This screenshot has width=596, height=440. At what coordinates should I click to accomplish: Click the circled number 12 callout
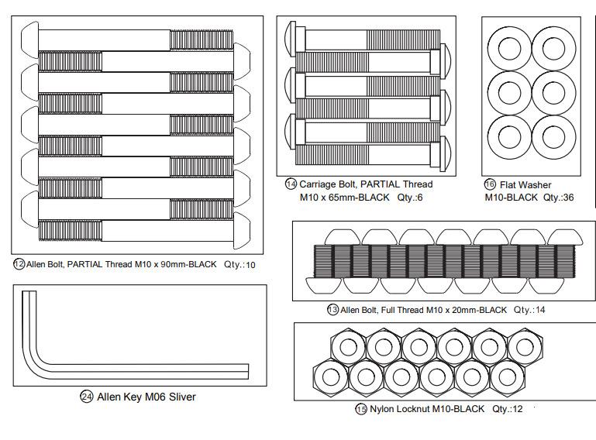pyautogui.click(x=19, y=263)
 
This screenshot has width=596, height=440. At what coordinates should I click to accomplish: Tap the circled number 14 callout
pyautogui.click(x=291, y=184)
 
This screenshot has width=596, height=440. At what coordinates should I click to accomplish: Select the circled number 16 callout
pyautogui.click(x=490, y=184)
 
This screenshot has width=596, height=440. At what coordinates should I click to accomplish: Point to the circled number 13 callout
pyautogui.click(x=332, y=310)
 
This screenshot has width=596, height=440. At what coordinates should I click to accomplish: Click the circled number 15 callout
pyautogui.click(x=361, y=409)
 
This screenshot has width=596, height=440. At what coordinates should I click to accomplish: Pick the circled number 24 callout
pyautogui.click(x=87, y=397)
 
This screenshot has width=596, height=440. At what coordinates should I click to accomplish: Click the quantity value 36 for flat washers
pyautogui.click(x=568, y=198)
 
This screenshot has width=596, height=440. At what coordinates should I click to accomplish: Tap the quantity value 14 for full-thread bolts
pyautogui.click(x=540, y=310)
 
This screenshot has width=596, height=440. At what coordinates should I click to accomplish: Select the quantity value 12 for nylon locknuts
pyautogui.click(x=518, y=409)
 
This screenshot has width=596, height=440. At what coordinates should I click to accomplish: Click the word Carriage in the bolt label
pyautogui.click(x=318, y=184)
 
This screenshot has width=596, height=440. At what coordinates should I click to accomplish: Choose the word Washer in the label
pyautogui.click(x=535, y=185)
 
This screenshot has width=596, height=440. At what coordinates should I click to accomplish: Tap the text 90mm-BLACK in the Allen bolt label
pyautogui.click(x=188, y=264)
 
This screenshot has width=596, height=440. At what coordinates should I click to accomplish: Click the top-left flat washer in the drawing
pyautogui.click(x=509, y=50)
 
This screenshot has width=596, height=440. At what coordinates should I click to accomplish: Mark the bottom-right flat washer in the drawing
pyautogui.click(x=554, y=137)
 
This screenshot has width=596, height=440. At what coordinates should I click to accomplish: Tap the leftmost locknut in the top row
pyautogui.click(x=348, y=347)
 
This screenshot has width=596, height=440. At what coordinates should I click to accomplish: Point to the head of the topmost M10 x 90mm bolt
pyautogui.click(x=29, y=40)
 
